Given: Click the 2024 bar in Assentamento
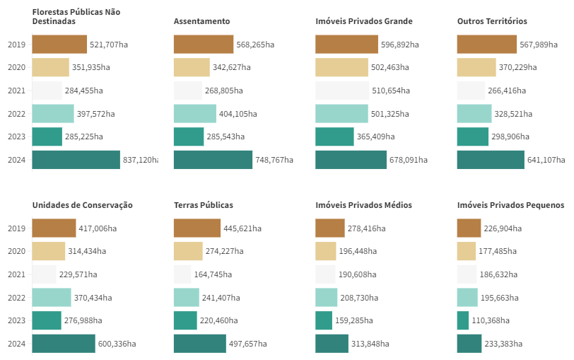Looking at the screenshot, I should (x=213, y=160).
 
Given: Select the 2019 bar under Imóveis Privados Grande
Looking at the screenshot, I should (x=346, y=45).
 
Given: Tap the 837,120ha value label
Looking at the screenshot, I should (x=140, y=160).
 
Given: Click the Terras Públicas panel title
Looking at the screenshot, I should (x=204, y=205).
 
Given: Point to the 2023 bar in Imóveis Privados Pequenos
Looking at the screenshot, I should (x=463, y=320).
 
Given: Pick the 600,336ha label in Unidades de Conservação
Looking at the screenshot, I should (x=117, y=344).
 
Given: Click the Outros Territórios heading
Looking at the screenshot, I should (x=492, y=21).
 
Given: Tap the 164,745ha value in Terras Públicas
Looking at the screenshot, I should (x=215, y=274).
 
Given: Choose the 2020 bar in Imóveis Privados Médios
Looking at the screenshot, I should (x=326, y=251).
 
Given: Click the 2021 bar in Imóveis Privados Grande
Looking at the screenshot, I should (x=342, y=91).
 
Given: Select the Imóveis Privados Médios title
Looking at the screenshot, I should (x=363, y=205).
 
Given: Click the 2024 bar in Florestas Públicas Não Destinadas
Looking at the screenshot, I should (x=76, y=160).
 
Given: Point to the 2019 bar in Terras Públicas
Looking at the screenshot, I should (x=197, y=228).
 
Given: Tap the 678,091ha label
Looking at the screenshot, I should (x=409, y=160).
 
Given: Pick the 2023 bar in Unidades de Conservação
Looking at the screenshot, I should (x=47, y=320).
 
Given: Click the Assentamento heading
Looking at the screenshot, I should (x=201, y=21).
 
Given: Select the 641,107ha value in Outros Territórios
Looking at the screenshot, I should (x=546, y=160).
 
